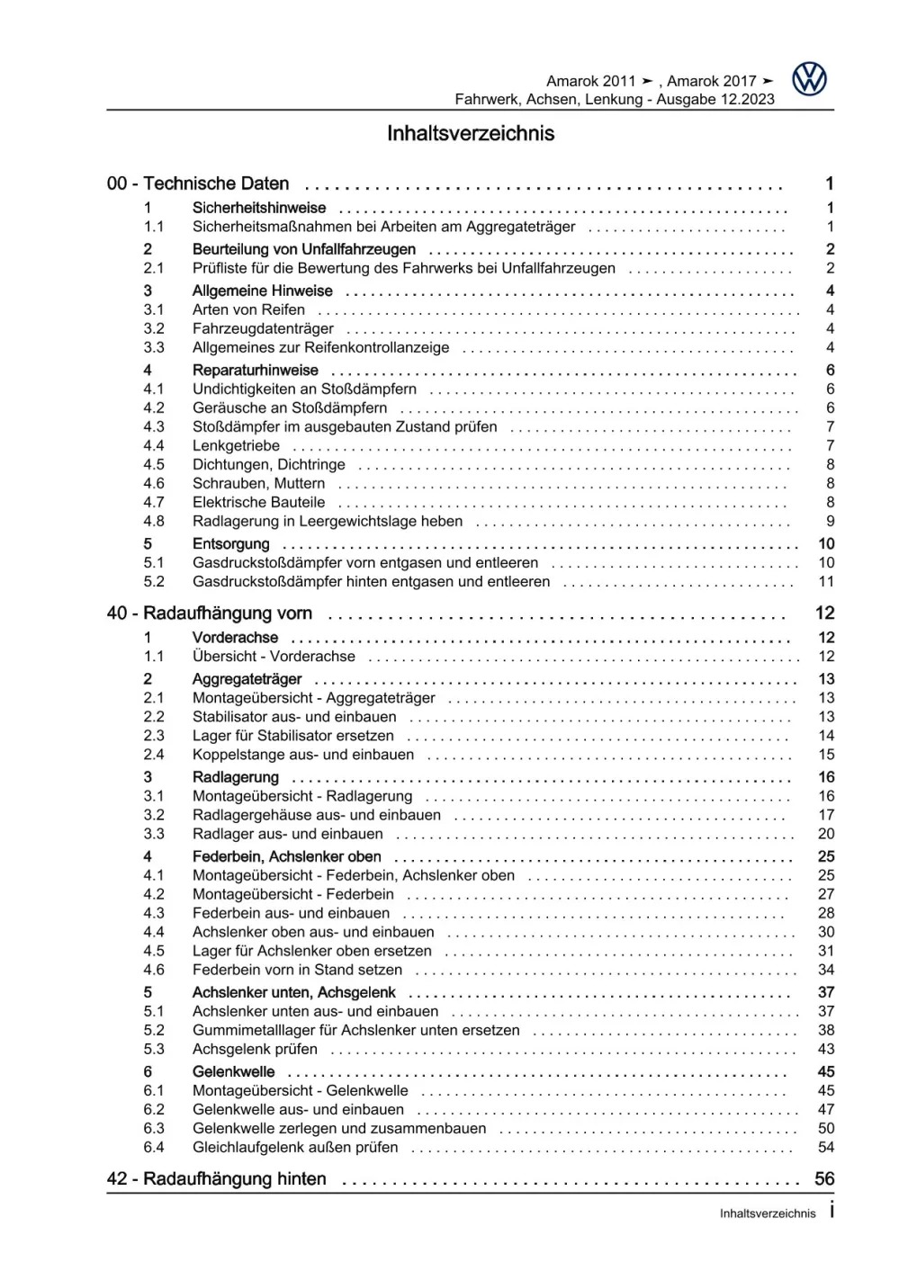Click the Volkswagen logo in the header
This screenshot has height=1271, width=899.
809,80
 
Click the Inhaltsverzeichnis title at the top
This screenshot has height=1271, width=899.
470,134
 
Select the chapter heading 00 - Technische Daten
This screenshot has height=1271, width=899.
198,183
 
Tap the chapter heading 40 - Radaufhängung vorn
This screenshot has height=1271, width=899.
210,613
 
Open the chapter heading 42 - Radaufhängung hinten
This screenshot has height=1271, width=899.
216,1179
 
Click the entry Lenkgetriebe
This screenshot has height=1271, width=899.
236,446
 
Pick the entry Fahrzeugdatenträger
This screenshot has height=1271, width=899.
263,329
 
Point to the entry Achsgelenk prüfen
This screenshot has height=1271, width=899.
255,1050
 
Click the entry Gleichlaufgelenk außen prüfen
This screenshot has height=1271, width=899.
295,1148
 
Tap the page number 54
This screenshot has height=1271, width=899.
825,1148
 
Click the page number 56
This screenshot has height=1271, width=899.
823,1179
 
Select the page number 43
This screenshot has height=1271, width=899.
825,1050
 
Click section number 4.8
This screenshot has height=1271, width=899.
154,522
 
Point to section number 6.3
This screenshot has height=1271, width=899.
154,1129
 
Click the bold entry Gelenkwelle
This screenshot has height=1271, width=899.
233,1072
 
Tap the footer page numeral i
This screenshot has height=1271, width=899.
832,1211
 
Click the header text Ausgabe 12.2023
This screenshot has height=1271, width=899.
715,100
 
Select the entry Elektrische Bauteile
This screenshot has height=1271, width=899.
258,503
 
